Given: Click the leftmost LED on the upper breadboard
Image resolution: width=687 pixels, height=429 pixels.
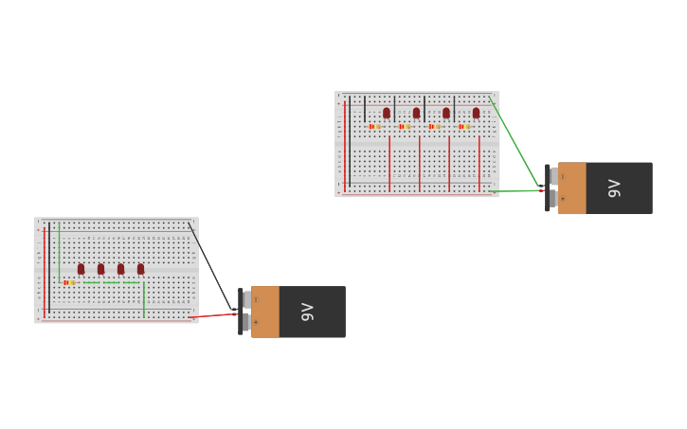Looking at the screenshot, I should [x=387, y=113].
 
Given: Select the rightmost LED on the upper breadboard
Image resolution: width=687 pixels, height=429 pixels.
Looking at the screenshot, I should [x=476, y=113].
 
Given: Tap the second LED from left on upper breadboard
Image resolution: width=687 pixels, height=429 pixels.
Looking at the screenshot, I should [x=416, y=113].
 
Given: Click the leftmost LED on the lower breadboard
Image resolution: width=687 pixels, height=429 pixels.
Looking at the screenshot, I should [x=81, y=269].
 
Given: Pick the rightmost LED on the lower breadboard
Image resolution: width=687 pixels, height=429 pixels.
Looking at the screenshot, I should [x=140, y=269].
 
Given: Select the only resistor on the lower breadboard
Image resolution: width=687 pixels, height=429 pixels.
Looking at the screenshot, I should [x=68, y=282].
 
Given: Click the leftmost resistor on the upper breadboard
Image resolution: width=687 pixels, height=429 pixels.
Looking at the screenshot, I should [x=374, y=126].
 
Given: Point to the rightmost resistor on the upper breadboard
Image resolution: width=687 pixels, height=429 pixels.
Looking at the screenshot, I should [x=464, y=126].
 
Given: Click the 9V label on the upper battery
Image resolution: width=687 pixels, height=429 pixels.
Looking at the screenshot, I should [x=614, y=188].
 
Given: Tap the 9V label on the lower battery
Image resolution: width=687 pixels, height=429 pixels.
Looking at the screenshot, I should [x=307, y=312].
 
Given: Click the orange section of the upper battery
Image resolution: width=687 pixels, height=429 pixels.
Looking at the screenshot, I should [x=571, y=188].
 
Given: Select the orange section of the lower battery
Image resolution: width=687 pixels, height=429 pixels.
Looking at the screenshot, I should [x=265, y=312].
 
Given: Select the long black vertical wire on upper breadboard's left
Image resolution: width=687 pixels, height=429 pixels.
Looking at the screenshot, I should [x=350, y=142].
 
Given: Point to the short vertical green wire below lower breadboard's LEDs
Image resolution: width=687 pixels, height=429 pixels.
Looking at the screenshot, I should [x=144, y=299].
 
